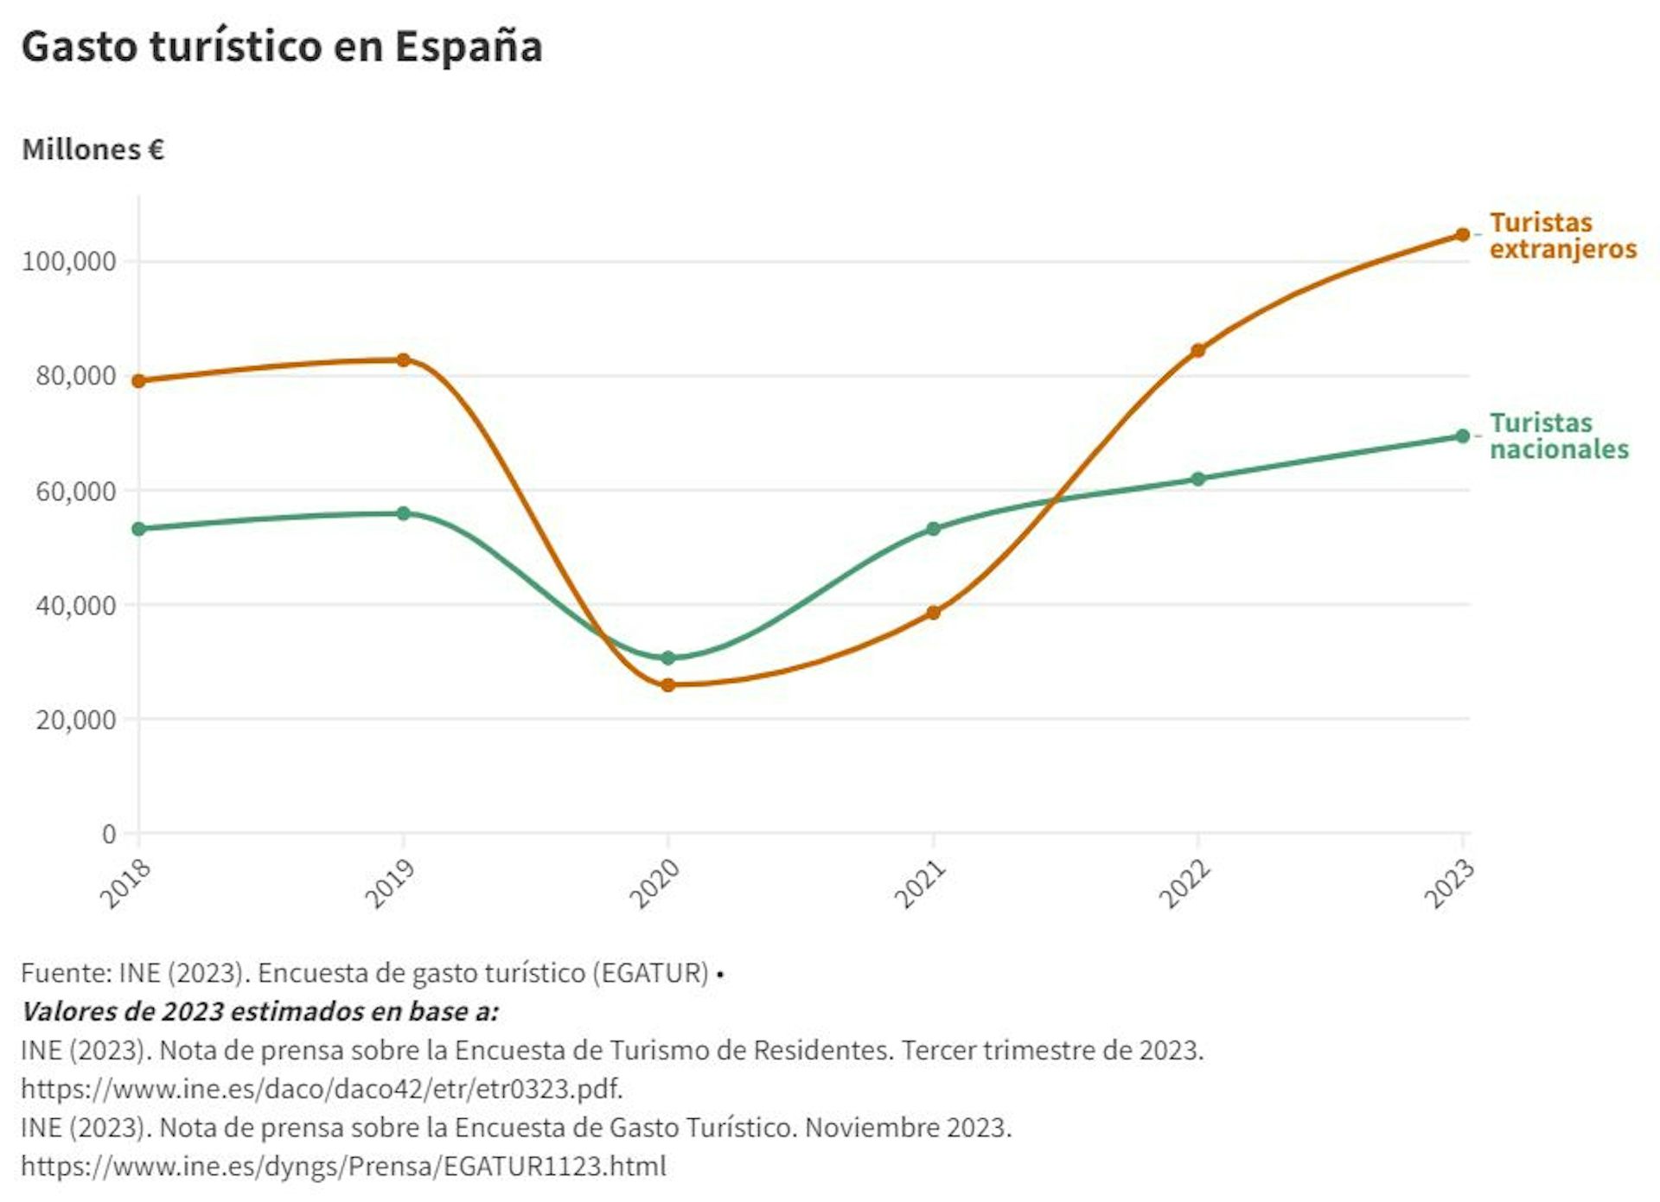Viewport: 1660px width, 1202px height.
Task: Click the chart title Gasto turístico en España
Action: coord(282,47)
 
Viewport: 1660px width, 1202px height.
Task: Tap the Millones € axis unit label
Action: coord(93,149)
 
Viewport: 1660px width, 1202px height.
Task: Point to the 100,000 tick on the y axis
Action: coord(69,261)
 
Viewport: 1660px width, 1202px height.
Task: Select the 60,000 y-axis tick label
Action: coord(76,491)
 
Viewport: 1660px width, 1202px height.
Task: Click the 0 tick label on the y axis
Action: coord(109,834)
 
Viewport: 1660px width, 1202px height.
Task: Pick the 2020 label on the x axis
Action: coord(654,884)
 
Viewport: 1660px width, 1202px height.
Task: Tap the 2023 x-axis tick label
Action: coord(1449,884)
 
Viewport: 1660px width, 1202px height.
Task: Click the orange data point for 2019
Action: coord(403,359)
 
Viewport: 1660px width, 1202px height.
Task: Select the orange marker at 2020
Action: coord(667,685)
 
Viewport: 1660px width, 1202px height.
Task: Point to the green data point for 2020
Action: coord(667,658)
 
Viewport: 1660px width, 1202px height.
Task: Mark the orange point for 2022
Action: coord(1197,350)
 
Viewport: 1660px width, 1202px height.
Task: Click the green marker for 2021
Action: coord(933,528)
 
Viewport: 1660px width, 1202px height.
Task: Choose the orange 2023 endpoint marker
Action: coord(1462,234)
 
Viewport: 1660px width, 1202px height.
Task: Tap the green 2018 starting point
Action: coord(138,528)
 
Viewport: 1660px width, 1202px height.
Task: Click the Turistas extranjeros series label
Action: coord(1562,236)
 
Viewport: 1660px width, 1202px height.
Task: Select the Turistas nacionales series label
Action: coord(1558,436)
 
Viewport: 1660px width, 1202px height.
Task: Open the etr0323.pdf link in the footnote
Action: coord(322,1088)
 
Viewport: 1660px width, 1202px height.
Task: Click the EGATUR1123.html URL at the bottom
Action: coord(343,1166)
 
